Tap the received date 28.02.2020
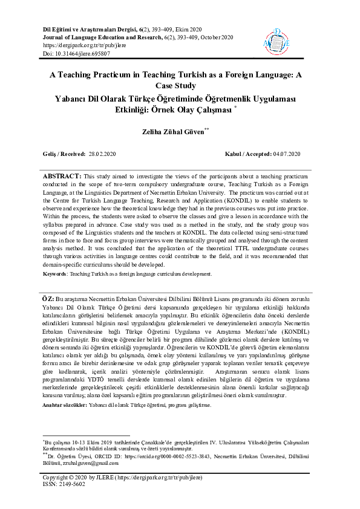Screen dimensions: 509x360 tap(106, 155)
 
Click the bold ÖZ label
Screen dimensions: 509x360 tap(47, 299)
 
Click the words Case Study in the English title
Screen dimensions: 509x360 tap(180, 85)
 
